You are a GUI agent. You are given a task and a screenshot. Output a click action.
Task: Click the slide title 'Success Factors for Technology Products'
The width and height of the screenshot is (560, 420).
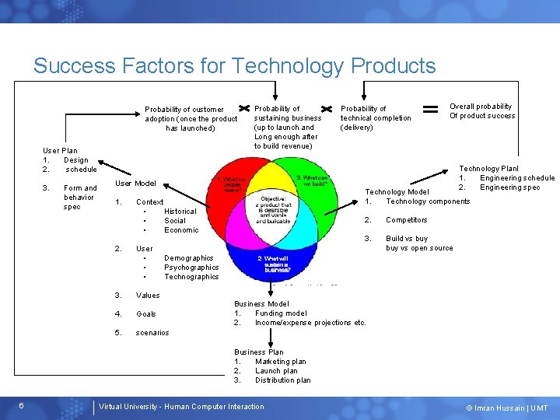click(x=234, y=65)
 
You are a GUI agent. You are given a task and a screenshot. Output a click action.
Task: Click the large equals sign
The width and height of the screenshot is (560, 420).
click(x=430, y=109)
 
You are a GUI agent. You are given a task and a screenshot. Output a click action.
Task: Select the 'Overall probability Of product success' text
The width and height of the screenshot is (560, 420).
click(x=481, y=111)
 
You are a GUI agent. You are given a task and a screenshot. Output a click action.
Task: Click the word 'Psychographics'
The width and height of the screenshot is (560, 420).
click(x=191, y=268)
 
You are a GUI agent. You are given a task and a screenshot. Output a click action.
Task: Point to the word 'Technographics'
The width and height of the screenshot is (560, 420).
click(x=191, y=277)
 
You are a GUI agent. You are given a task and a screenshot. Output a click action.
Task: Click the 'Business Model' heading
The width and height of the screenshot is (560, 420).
click(x=261, y=304)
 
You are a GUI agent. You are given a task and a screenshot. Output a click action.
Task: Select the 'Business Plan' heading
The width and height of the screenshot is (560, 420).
click(x=259, y=352)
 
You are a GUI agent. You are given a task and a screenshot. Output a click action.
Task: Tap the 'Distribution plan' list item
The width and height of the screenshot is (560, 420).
click(x=282, y=380)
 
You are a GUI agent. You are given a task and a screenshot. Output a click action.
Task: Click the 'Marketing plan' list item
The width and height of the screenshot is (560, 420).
click(x=280, y=362)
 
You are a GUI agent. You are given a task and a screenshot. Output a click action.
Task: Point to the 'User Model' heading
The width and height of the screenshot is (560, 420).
click(x=135, y=184)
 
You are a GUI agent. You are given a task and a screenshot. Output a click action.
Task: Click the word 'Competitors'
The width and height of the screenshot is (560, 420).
click(x=406, y=220)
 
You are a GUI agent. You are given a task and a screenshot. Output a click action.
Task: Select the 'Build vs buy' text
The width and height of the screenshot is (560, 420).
click(x=406, y=239)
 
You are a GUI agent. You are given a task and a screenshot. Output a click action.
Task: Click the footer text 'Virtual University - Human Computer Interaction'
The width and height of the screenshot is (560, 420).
click(x=181, y=407)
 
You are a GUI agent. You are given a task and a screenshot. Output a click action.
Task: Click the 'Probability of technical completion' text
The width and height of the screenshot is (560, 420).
click(x=376, y=118)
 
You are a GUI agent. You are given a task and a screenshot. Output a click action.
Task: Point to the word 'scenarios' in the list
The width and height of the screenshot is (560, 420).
click(x=152, y=333)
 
